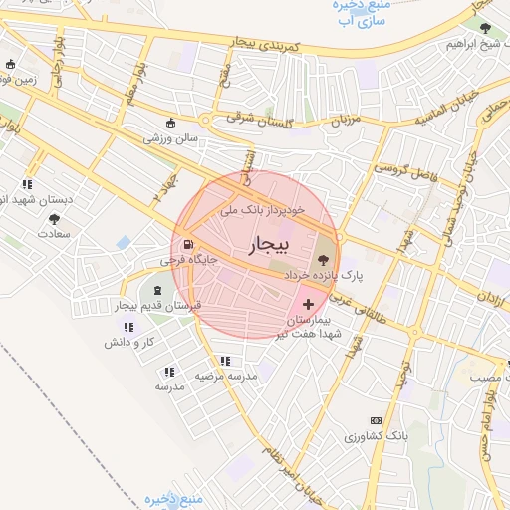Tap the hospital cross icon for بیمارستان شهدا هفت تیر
tap(307, 303)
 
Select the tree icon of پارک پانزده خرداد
tap(320, 258)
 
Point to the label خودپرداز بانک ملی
tap(262, 212)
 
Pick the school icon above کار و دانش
tap(127, 327)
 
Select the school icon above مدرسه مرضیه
tap(225, 361)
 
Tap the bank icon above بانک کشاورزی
tap(376, 421)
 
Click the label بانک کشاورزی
tap(377, 436)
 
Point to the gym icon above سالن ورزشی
tap(171, 125)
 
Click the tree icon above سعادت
tap(53, 219)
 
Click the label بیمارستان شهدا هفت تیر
tap(315, 326)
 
